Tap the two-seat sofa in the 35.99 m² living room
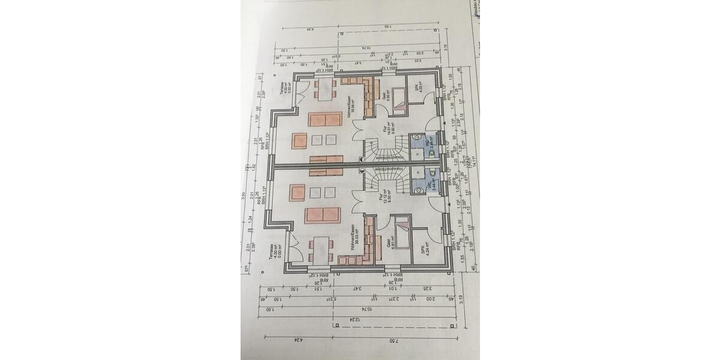coord(325,119)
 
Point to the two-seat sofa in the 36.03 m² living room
coord(323,215)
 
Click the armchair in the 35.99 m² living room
coord(299,140)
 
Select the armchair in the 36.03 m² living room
coord(298,193)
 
